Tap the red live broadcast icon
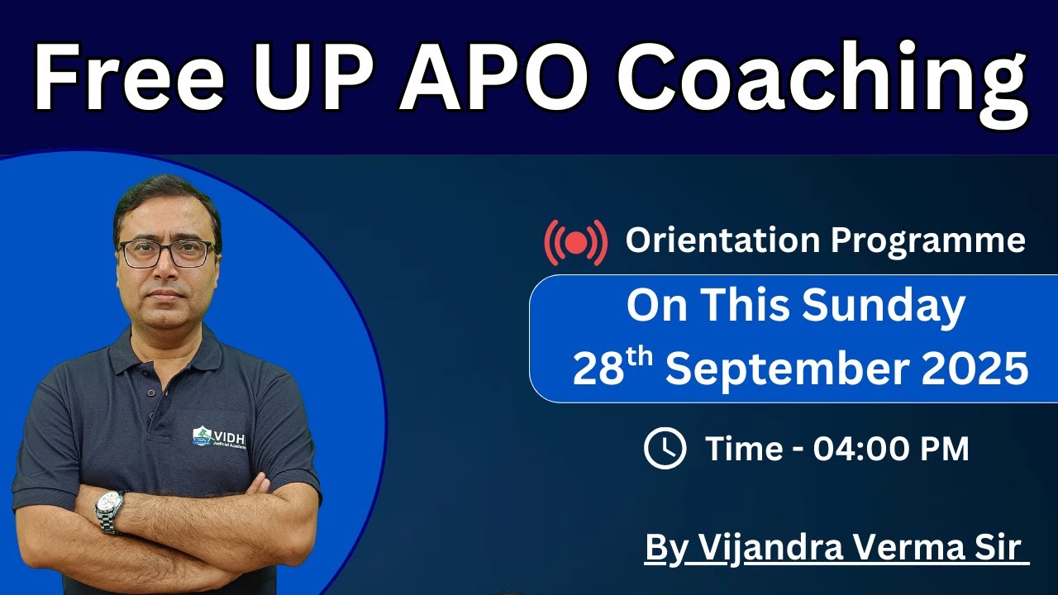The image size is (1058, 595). pyautogui.click(x=576, y=242)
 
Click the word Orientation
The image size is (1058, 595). pyautogui.click(x=724, y=240)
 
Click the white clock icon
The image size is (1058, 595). pyautogui.click(x=665, y=449)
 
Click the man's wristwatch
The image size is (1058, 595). pyautogui.click(x=108, y=510)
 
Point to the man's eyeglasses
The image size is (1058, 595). pyautogui.click(x=168, y=253)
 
